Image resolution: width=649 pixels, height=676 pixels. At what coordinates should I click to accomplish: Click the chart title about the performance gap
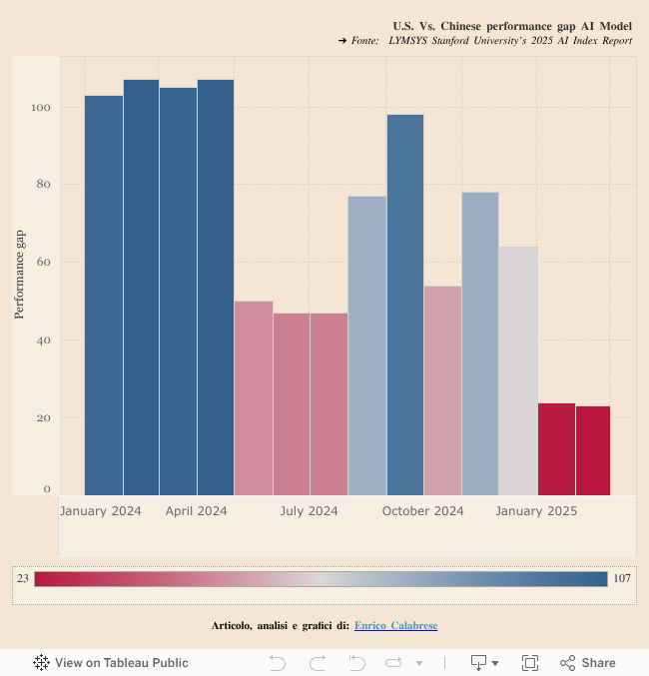pyautogui.click(x=512, y=25)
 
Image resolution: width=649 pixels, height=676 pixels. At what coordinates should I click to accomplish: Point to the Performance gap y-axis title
pyautogui.click(x=19, y=275)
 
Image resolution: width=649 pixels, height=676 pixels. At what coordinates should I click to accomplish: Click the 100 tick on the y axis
pyautogui.click(x=42, y=107)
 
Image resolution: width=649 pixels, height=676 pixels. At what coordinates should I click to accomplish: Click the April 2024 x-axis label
pyautogui.click(x=197, y=511)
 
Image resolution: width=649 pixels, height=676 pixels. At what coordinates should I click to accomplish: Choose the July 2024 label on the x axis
pyautogui.click(x=309, y=511)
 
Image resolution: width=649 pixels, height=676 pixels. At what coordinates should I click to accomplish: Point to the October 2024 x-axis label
pyautogui.click(x=423, y=511)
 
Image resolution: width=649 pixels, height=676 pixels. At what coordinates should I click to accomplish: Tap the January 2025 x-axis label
pyautogui.click(x=536, y=511)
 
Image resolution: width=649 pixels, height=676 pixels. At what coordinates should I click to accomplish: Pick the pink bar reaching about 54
pyautogui.click(x=442, y=390)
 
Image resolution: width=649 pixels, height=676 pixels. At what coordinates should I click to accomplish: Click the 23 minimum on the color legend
pyautogui.click(x=22, y=579)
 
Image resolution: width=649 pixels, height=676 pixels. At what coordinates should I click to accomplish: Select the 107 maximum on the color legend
pyautogui.click(x=622, y=579)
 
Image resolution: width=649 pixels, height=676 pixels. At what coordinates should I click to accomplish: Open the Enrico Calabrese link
pyautogui.click(x=395, y=626)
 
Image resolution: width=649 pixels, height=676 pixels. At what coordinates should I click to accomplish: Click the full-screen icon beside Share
pyautogui.click(x=530, y=662)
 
